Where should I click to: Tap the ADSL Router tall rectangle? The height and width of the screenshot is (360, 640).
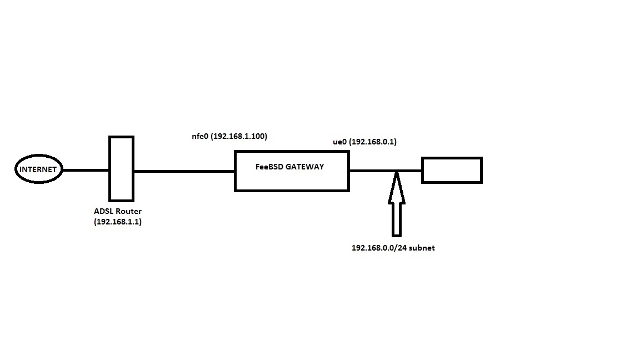[121, 168]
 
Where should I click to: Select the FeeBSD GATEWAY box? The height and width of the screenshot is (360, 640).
[292, 178]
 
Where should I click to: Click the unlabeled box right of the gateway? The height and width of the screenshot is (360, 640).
[452, 170]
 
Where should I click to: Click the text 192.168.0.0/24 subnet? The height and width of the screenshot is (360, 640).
[393, 248]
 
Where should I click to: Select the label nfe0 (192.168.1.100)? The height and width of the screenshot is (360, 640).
[229, 136]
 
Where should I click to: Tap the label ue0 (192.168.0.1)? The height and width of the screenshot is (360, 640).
[364, 142]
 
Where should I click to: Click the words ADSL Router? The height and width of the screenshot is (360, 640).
[118, 211]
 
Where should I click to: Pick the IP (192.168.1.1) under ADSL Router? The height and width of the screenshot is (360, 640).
[118, 222]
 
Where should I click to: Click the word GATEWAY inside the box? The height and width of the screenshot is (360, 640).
[306, 166]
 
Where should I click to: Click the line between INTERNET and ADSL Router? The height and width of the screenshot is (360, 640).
[86, 170]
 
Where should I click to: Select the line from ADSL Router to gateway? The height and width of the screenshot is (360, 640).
[184, 171]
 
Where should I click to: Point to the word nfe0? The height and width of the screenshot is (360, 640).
[199, 136]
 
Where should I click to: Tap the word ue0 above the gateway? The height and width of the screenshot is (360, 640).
[339, 142]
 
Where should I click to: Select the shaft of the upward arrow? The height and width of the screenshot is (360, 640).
[396, 219]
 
